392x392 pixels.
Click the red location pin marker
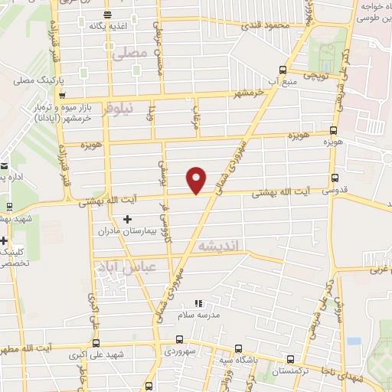click(197, 179)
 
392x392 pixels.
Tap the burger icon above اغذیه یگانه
click(106, 15)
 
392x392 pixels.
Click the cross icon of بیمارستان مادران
click(127, 220)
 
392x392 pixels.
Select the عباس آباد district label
click(116, 267)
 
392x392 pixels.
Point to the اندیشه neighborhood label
click(220, 246)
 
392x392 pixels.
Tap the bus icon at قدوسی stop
click(332, 177)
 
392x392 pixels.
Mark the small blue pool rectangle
click(353, 341)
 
